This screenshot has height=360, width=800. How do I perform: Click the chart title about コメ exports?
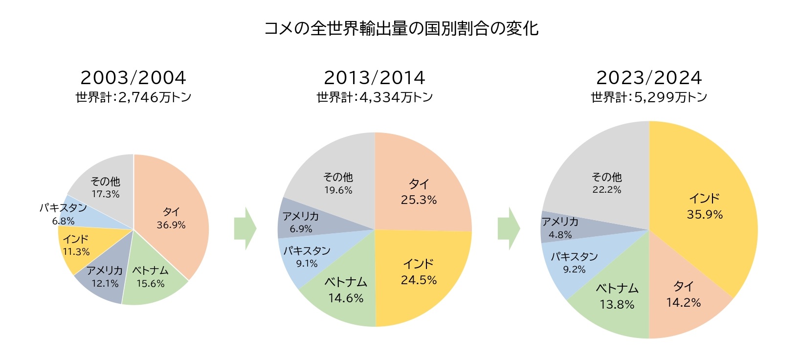click(401, 28)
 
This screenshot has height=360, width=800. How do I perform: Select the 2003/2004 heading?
click(133, 78)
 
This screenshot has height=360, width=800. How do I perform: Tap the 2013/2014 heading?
click(375, 78)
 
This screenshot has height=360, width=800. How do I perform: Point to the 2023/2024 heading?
click(649, 78)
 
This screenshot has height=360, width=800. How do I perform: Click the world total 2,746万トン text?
click(133, 97)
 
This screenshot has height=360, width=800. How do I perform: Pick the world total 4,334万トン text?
click(375, 97)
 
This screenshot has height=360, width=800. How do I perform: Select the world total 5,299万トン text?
click(649, 97)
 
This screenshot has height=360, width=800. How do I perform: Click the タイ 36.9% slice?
click(171, 218)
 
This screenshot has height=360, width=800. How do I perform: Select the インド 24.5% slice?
click(419, 272)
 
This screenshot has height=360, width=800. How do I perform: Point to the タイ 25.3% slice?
click(419, 192)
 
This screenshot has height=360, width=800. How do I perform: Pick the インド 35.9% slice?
click(704, 206)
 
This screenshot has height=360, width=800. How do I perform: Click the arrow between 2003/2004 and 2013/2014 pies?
click(245, 228)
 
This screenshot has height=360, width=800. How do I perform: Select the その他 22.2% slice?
click(606, 183)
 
